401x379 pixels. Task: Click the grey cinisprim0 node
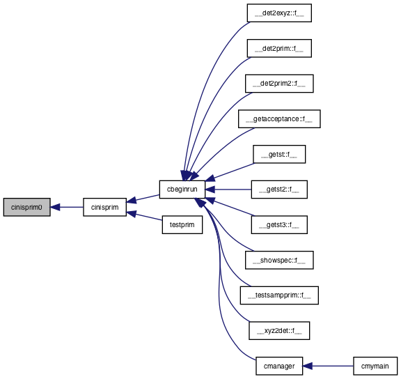(27, 207)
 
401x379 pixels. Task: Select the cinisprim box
(104, 207)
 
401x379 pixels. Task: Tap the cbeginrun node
(182, 189)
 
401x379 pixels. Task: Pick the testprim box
(182, 225)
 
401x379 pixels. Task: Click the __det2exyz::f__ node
(279, 13)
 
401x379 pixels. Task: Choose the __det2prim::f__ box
(279, 48)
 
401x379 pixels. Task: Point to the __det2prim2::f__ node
(279, 84)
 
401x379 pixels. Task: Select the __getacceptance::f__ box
(279, 118)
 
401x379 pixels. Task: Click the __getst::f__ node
(279, 154)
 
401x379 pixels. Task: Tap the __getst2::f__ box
(279, 189)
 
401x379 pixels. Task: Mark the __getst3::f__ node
(279, 225)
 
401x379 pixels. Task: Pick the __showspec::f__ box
(279, 260)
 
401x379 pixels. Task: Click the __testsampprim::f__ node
(279, 295)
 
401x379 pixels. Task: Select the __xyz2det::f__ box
(279, 331)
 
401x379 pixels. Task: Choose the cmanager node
(279, 366)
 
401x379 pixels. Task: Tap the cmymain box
(375, 366)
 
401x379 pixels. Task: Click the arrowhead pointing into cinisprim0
(55, 207)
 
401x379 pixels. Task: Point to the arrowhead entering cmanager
(308, 366)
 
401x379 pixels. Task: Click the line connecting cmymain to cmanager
(333, 366)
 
